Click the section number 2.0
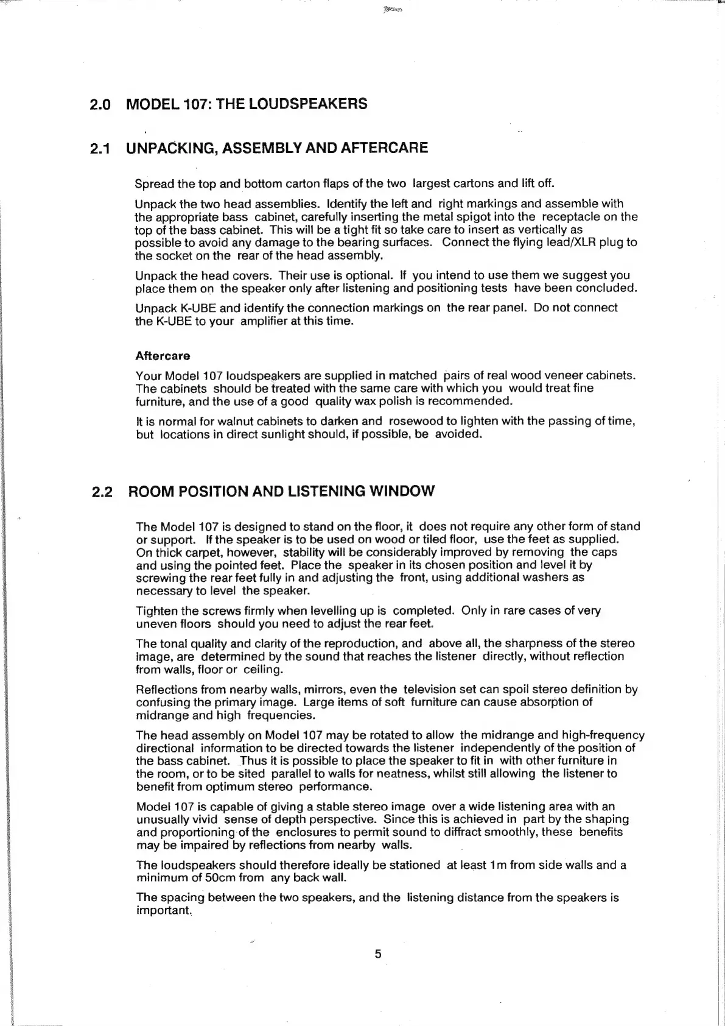100,104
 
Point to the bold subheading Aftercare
163,356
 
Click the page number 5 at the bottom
378,954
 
